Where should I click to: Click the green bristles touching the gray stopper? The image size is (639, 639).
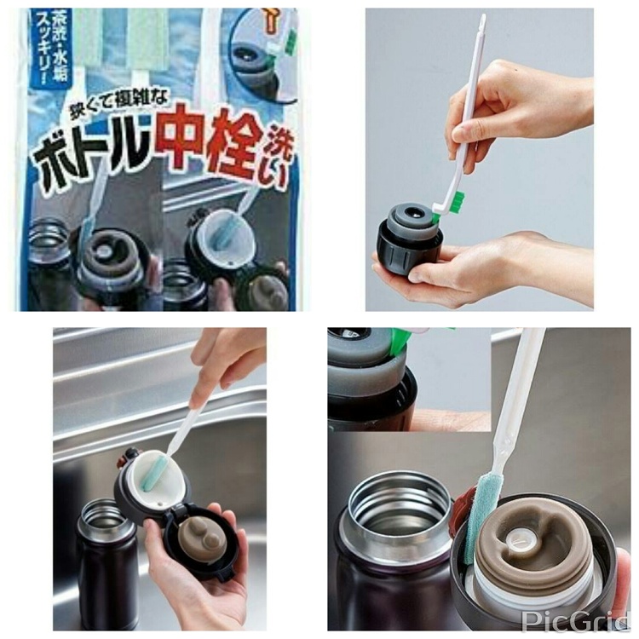pyautogui.click(x=456, y=203)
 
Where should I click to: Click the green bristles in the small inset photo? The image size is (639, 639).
pyautogui.click(x=400, y=341)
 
